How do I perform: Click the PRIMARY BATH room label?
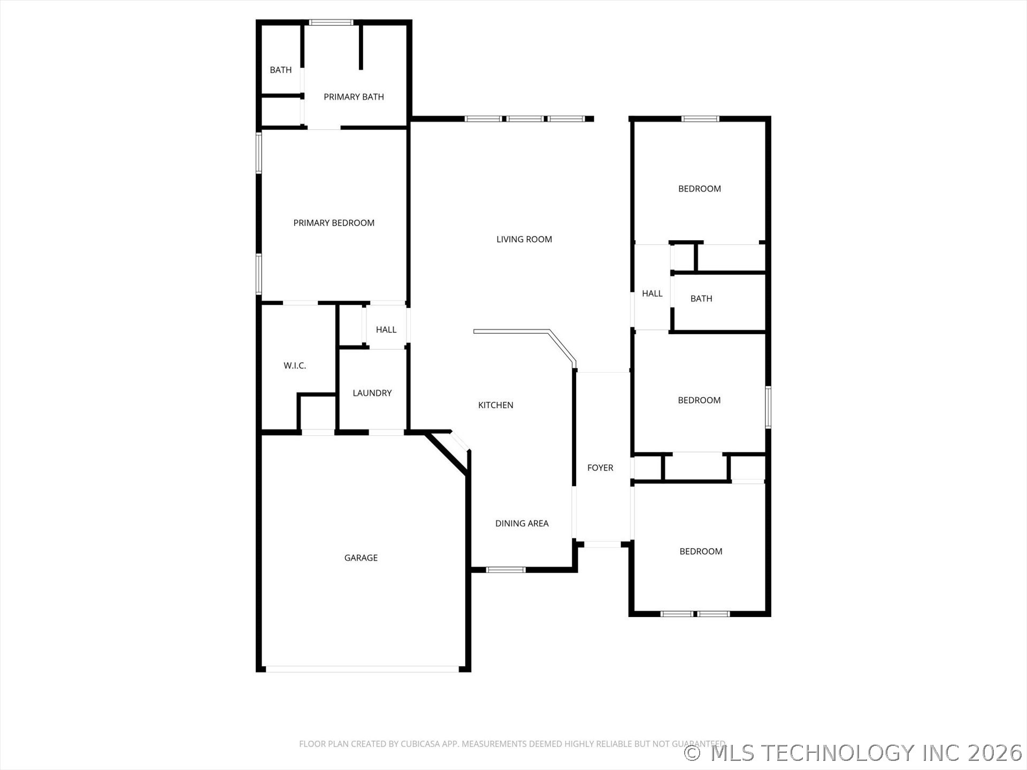tap(354, 97)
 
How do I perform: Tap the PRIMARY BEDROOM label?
tap(334, 223)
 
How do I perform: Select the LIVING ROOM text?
tap(524, 240)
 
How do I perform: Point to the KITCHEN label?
tap(495, 405)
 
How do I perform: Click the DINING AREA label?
tap(522, 523)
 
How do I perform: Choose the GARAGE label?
tap(361, 558)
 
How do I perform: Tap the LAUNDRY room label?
tap(372, 393)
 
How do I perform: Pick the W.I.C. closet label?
tap(295, 366)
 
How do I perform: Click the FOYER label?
tap(600, 468)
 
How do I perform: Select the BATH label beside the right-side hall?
tap(701, 299)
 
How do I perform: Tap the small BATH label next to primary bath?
tap(281, 70)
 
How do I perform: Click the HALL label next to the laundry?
tap(386, 330)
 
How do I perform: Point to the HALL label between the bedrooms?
tap(652, 294)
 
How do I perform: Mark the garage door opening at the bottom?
tap(363, 669)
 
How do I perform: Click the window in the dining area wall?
tap(505, 569)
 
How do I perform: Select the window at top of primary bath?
tap(331, 22)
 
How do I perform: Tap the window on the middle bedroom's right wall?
tap(768, 407)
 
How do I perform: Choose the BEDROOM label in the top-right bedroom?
tap(700, 189)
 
